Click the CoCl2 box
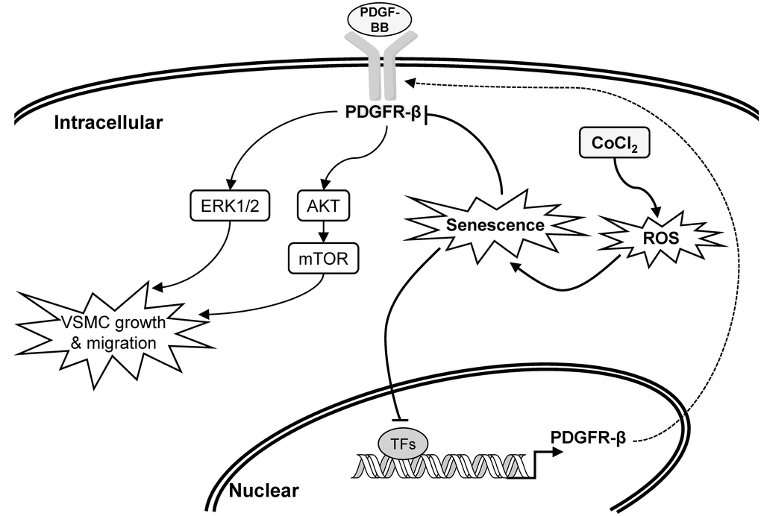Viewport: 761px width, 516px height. tap(614, 142)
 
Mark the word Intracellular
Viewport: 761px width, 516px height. tap(108, 122)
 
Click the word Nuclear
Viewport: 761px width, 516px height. tap(263, 491)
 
